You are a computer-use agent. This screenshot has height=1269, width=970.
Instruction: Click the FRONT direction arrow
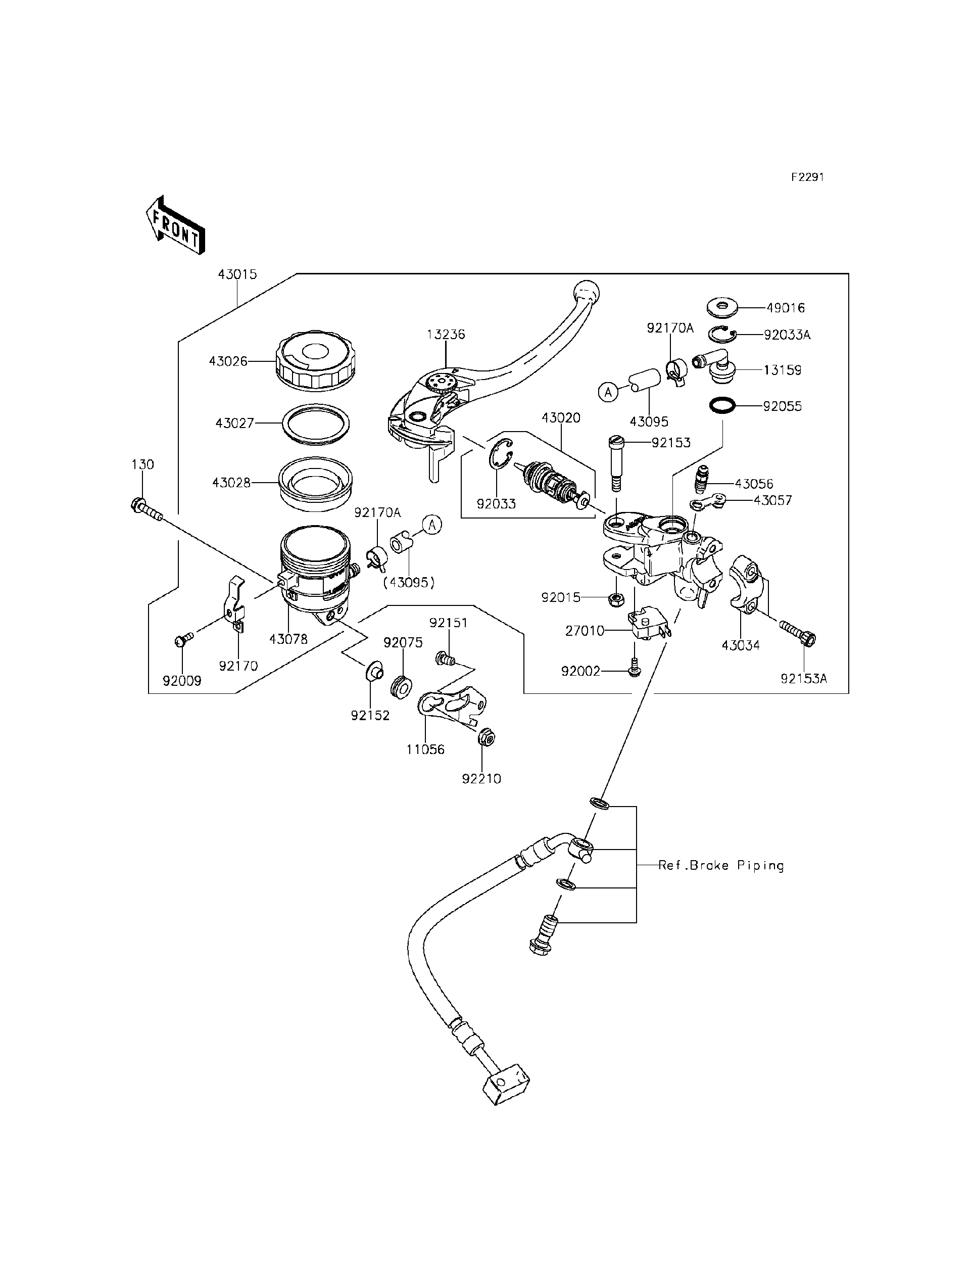coord(175,226)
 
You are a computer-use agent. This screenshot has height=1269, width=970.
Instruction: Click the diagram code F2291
coord(807,177)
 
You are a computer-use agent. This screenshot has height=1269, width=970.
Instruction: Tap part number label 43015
coord(237,274)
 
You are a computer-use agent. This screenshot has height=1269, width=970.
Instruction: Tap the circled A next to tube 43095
coord(607,392)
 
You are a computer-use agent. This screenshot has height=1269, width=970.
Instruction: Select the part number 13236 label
coord(446,335)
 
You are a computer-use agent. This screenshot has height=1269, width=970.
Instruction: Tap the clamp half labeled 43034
coord(749,583)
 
